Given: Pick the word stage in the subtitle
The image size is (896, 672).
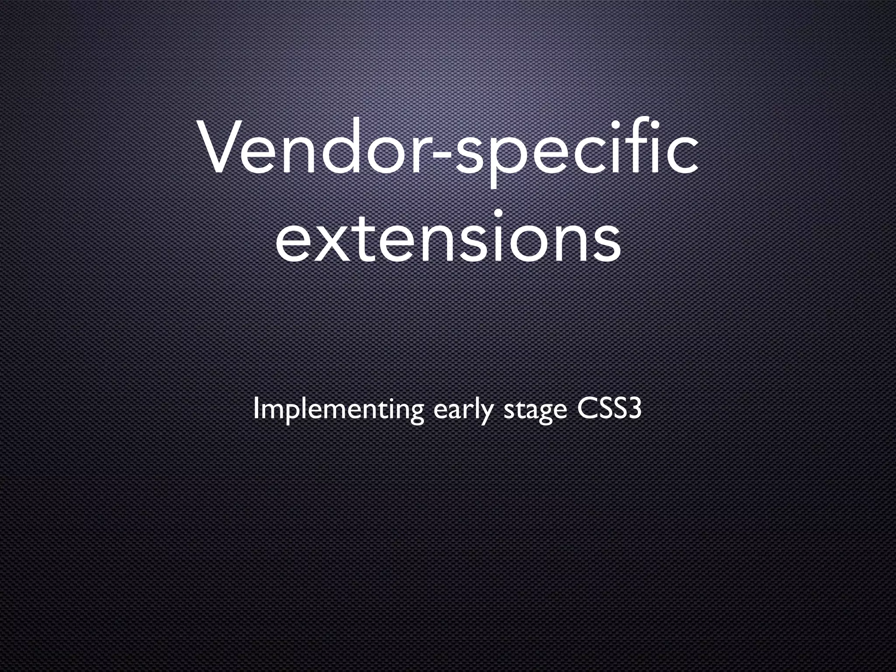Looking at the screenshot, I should click(535, 411).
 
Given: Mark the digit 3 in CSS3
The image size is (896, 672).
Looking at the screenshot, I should click(634, 408).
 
